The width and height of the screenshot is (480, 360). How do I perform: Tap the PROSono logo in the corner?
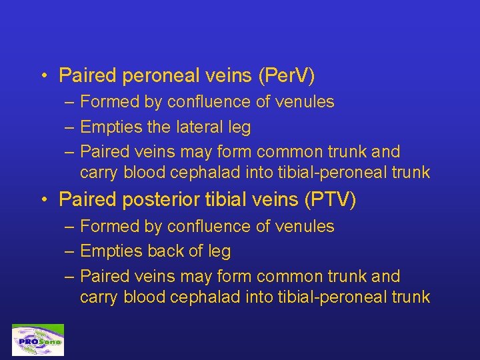click(38, 340)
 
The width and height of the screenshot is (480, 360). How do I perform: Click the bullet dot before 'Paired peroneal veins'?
click(43, 76)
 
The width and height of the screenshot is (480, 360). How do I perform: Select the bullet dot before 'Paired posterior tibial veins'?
click(43, 200)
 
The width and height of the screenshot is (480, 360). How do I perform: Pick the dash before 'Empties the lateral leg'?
click(70, 127)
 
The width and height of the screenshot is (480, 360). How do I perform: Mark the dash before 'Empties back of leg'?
click(70, 252)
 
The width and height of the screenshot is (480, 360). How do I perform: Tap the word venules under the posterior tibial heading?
click(305, 227)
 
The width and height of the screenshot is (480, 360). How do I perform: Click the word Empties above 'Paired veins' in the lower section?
click(107, 251)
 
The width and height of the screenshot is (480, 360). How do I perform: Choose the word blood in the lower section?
click(144, 297)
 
